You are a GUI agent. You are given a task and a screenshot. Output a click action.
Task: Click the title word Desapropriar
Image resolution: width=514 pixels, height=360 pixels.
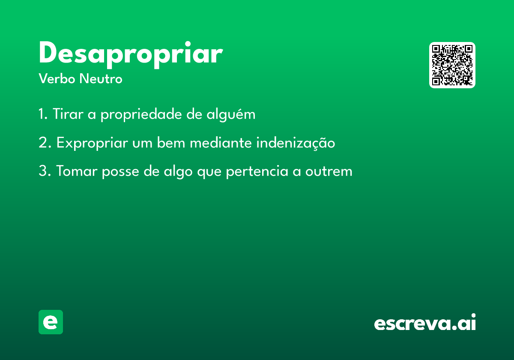tap(131, 55)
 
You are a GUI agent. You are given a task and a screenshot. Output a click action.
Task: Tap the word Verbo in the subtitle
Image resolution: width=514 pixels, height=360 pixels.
tap(57, 78)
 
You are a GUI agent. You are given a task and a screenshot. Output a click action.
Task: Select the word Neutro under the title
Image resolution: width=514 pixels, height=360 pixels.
tap(101, 78)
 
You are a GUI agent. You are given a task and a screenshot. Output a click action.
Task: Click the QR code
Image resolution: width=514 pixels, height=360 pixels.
tap(452, 65)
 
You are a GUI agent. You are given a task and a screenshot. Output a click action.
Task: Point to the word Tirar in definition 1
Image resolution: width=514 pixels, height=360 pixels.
tap(68, 114)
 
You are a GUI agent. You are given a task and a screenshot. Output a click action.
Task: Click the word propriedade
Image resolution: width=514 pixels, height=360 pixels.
tap(141, 114)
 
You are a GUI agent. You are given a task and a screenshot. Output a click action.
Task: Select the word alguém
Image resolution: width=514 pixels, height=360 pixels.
tap(231, 114)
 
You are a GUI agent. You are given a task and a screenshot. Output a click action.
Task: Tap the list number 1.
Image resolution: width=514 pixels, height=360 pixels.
tap(43, 114)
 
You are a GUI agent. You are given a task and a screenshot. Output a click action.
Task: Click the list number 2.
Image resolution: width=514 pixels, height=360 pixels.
tap(45, 142)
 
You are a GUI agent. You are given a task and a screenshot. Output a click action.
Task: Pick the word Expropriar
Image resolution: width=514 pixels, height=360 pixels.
tap(92, 143)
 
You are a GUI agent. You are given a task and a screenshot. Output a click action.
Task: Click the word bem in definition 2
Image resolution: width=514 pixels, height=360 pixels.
tap(171, 142)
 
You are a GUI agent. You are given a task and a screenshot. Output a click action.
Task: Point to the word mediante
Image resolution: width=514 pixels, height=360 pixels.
tap(221, 142)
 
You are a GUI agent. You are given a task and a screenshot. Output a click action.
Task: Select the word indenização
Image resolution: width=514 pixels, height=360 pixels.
tap(296, 143)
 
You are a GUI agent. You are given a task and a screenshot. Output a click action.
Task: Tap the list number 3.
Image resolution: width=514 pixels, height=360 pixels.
tap(45, 171)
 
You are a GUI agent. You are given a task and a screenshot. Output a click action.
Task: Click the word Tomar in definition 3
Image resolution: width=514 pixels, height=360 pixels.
tap(77, 171)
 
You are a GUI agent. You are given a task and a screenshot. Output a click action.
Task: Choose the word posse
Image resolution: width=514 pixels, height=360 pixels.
tap(120, 172)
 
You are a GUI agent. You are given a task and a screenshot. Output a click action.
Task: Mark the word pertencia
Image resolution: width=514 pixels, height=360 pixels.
tap(257, 172)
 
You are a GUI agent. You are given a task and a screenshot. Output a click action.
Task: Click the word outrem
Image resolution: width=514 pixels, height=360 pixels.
tap(329, 171)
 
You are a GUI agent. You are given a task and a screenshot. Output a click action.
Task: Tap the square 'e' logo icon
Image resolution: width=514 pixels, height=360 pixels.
tap(51, 322)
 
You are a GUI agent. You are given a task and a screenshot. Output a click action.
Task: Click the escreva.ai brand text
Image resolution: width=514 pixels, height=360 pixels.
tap(425, 322)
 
